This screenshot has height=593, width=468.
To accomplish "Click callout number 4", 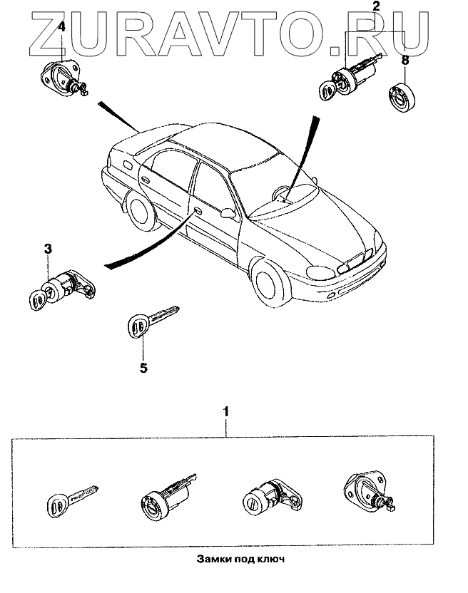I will [x=62, y=26].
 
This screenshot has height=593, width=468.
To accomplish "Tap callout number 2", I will [x=376, y=8].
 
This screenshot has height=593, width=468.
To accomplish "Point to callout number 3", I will [x=48, y=249].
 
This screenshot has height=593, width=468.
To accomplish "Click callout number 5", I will [x=143, y=368].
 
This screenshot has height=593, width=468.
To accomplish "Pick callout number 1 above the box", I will [x=227, y=411].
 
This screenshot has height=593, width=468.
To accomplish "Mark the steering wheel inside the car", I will [x=281, y=191].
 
